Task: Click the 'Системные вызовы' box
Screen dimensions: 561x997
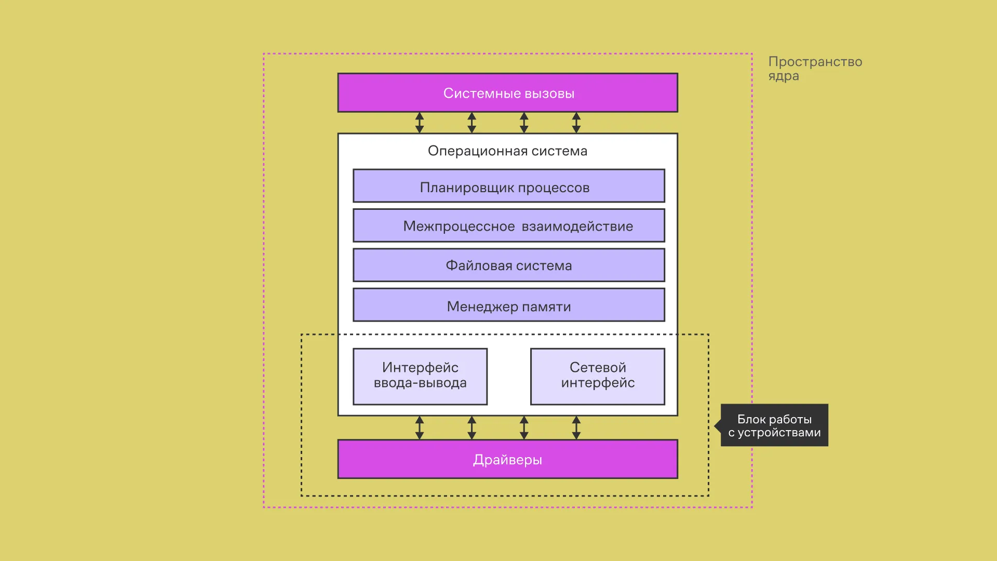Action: click(x=508, y=93)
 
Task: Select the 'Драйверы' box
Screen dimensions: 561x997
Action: click(x=508, y=459)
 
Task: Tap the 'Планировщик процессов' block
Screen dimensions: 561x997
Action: click(x=508, y=186)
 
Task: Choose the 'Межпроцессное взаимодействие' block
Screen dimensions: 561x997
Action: click(x=508, y=226)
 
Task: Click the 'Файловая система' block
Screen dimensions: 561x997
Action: click(x=508, y=265)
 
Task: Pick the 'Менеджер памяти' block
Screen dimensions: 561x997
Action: click(x=508, y=305)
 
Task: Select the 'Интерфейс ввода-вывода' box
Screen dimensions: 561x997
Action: click(x=420, y=376)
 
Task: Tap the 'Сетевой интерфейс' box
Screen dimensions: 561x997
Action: click(x=597, y=376)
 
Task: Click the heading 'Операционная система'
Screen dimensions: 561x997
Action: click(x=507, y=151)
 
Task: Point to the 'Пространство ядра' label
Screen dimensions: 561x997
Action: click(x=815, y=69)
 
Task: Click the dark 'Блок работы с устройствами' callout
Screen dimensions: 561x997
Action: click(x=774, y=425)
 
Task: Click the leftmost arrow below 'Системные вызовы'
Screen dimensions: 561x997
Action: click(x=420, y=123)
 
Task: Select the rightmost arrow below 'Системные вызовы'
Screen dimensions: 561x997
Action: click(x=576, y=123)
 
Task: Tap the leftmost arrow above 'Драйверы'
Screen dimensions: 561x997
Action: click(x=420, y=428)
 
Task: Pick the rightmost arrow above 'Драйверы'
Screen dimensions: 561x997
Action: click(x=576, y=428)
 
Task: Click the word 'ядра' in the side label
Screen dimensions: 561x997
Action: click(x=784, y=76)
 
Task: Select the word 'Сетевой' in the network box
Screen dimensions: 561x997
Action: click(x=598, y=367)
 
